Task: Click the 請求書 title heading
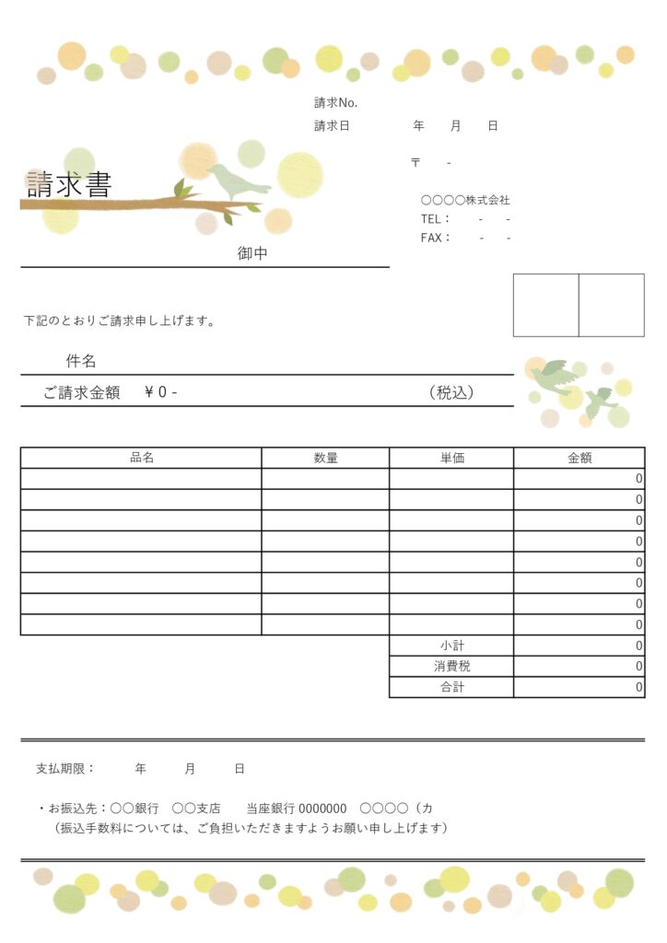click(69, 185)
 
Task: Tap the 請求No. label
click(335, 102)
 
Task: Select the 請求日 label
click(332, 126)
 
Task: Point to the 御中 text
click(252, 253)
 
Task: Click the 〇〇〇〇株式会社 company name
click(465, 200)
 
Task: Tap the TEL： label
click(435, 219)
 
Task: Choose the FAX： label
click(436, 238)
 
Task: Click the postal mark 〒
click(415, 163)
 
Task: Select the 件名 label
click(80, 361)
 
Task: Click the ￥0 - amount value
click(161, 392)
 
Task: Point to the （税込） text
click(451, 392)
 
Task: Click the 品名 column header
click(142, 458)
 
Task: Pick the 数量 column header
click(325, 458)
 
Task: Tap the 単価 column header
click(451, 458)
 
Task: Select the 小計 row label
click(451, 646)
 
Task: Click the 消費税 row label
click(451, 666)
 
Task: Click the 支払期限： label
click(64, 768)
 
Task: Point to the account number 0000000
click(322, 809)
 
